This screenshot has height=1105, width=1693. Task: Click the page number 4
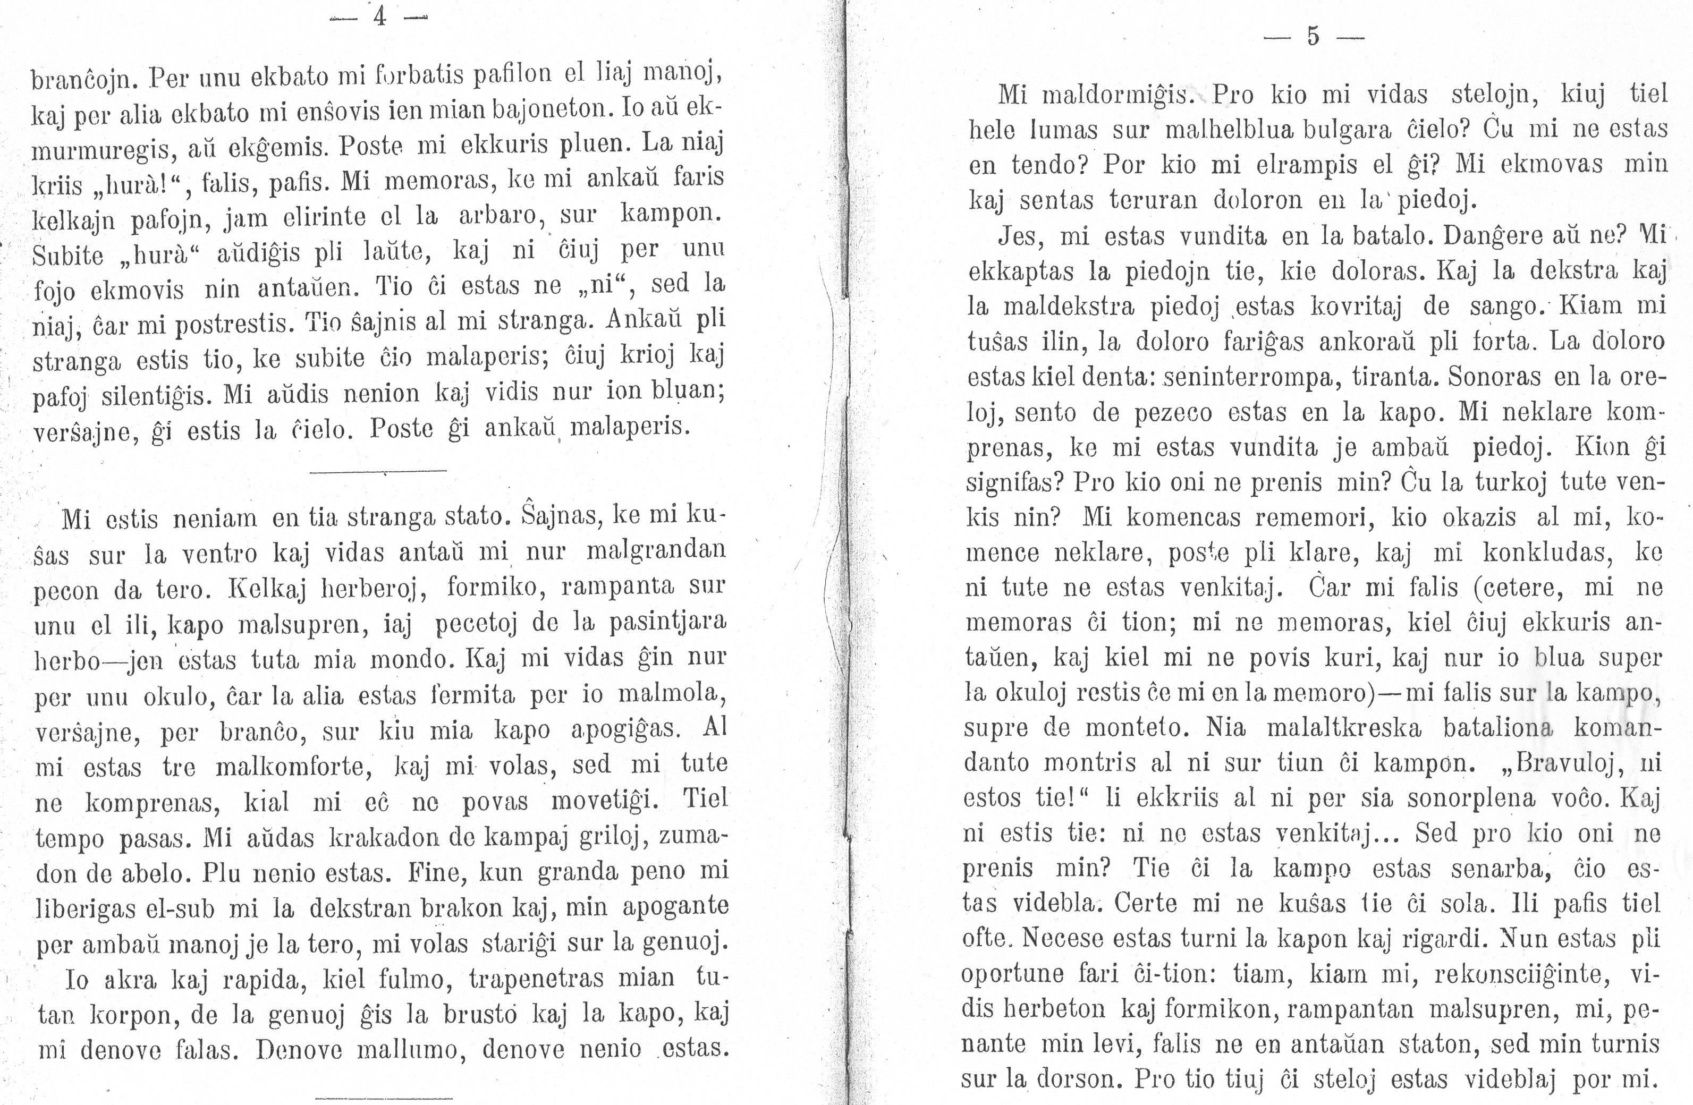tap(380, 15)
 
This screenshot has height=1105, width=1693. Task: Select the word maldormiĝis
tap(1118, 95)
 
